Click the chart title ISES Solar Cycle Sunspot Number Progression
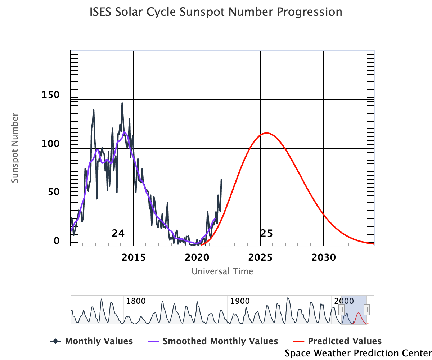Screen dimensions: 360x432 216,12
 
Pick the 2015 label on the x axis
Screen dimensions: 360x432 133,257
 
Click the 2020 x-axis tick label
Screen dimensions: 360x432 197,257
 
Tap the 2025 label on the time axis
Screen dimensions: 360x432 260,257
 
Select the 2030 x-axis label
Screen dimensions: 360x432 324,257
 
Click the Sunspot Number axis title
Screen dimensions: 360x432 14,148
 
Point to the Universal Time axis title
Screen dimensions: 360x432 222,271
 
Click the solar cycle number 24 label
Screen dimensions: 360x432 118,234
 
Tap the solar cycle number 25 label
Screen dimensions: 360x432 266,234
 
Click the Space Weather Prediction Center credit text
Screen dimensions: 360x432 358,353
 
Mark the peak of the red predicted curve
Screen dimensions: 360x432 266,133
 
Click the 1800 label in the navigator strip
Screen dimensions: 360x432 136,301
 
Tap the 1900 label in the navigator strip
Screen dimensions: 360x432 240,301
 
